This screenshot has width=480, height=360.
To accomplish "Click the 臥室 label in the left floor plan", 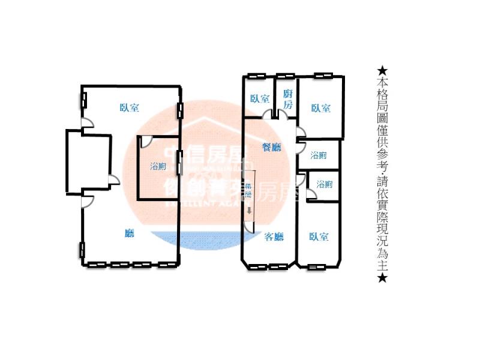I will [129, 108].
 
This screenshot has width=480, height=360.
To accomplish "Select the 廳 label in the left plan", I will [129, 234].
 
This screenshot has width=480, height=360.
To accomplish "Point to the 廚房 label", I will [288, 98].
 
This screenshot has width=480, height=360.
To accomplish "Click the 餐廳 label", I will [272, 147].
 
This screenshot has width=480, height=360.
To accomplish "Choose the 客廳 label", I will [274, 236].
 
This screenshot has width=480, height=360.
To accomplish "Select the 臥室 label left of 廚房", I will [260, 99].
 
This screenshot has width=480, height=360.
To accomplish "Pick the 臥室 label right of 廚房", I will [320, 108].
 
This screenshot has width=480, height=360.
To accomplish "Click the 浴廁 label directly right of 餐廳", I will [319, 155].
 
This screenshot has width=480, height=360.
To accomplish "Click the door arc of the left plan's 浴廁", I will [145, 142].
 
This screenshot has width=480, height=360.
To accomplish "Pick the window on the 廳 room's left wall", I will [82, 249].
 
